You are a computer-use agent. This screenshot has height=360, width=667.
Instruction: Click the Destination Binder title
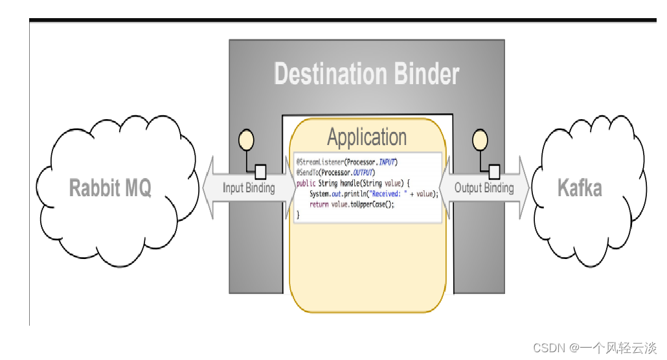(x=367, y=74)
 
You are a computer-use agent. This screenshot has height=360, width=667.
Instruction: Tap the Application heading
(x=367, y=137)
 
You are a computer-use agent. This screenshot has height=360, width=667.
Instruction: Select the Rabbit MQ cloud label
(x=110, y=188)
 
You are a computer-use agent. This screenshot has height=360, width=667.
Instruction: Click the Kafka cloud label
(x=580, y=188)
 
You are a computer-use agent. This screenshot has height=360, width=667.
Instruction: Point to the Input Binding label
(x=249, y=188)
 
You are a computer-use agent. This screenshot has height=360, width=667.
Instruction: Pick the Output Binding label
(x=484, y=188)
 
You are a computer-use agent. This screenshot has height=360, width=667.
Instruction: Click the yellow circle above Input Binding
(x=246, y=140)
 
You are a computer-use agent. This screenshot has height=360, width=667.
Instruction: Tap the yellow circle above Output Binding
(x=480, y=140)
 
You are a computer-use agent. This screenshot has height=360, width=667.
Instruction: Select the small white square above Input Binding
(x=260, y=172)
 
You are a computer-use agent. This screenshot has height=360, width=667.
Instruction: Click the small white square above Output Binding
(x=494, y=172)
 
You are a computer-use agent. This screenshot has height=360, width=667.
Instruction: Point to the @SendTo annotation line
(x=335, y=172)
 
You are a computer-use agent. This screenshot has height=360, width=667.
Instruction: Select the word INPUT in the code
(x=386, y=161)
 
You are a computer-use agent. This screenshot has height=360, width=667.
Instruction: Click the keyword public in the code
(x=306, y=183)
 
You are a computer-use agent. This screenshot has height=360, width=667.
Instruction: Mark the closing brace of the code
(x=298, y=214)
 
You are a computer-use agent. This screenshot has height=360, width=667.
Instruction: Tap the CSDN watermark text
(x=594, y=348)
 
